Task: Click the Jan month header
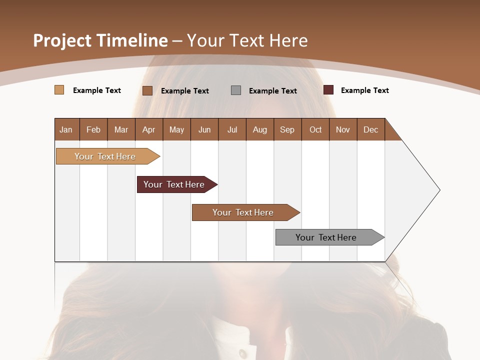[66, 129]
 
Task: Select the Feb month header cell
[93, 129]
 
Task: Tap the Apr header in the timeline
[149, 129]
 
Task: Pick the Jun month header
[204, 129]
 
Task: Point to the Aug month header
[260, 129]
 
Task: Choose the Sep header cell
[287, 129]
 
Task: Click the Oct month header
[315, 129]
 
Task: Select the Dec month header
[371, 129]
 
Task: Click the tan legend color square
[59, 90]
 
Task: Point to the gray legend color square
[236, 90]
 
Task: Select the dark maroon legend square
[328, 90]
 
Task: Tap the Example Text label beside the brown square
[185, 90]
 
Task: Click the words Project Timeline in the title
[100, 40]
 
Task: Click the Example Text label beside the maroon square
[365, 90]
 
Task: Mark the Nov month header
[343, 129]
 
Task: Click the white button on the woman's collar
[242, 353]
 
